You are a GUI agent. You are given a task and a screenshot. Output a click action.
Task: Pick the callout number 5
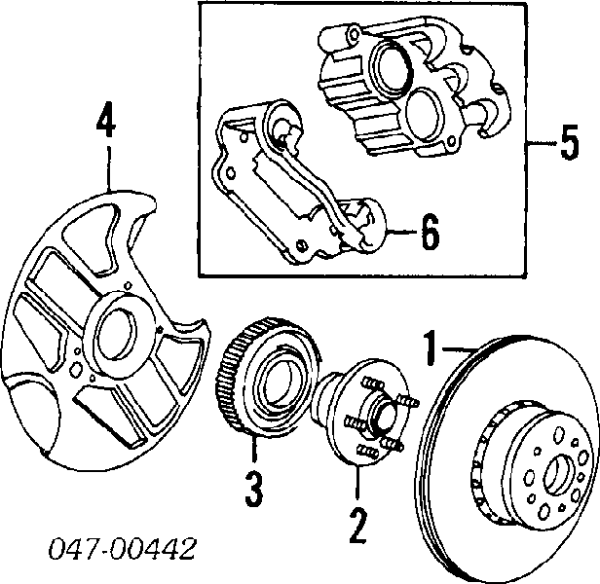(x=568, y=147)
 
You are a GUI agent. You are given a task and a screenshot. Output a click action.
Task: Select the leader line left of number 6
(x=399, y=235)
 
